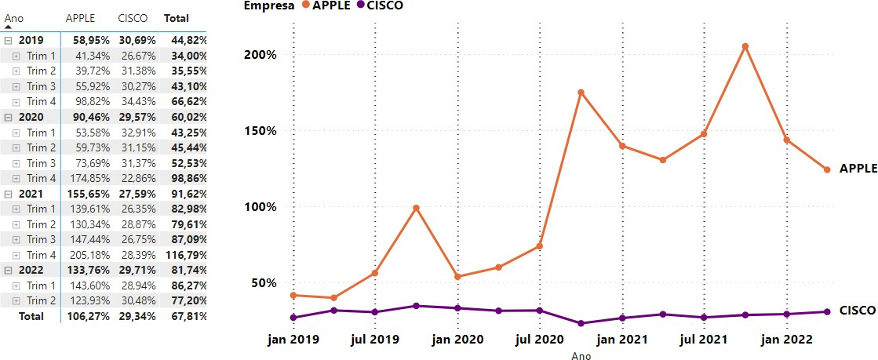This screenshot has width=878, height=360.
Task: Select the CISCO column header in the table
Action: [x=132, y=18]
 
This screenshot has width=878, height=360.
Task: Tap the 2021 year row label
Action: [x=31, y=194]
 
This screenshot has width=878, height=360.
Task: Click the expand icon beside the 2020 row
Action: [x=8, y=117]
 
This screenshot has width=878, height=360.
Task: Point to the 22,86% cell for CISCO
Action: [x=137, y=178]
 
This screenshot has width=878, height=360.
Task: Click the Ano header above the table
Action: [x=13, y=17]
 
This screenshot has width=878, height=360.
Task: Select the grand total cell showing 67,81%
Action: [x=188, y=316]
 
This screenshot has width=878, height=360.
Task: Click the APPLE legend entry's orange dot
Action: [x=305, y=5]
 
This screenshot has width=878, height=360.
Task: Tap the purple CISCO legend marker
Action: [x=361, y=5]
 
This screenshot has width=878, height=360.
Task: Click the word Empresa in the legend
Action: [x=268, y=5]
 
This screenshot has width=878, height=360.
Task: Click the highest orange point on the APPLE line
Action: [x=745, y=46]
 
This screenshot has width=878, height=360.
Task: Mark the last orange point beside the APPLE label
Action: [x=827, y=169]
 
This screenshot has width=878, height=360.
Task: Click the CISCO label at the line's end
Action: [x=857, y=311]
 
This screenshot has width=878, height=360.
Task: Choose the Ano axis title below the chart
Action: [x=581, y=355]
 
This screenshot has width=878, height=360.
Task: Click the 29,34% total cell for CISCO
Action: [x=137, y=316]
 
